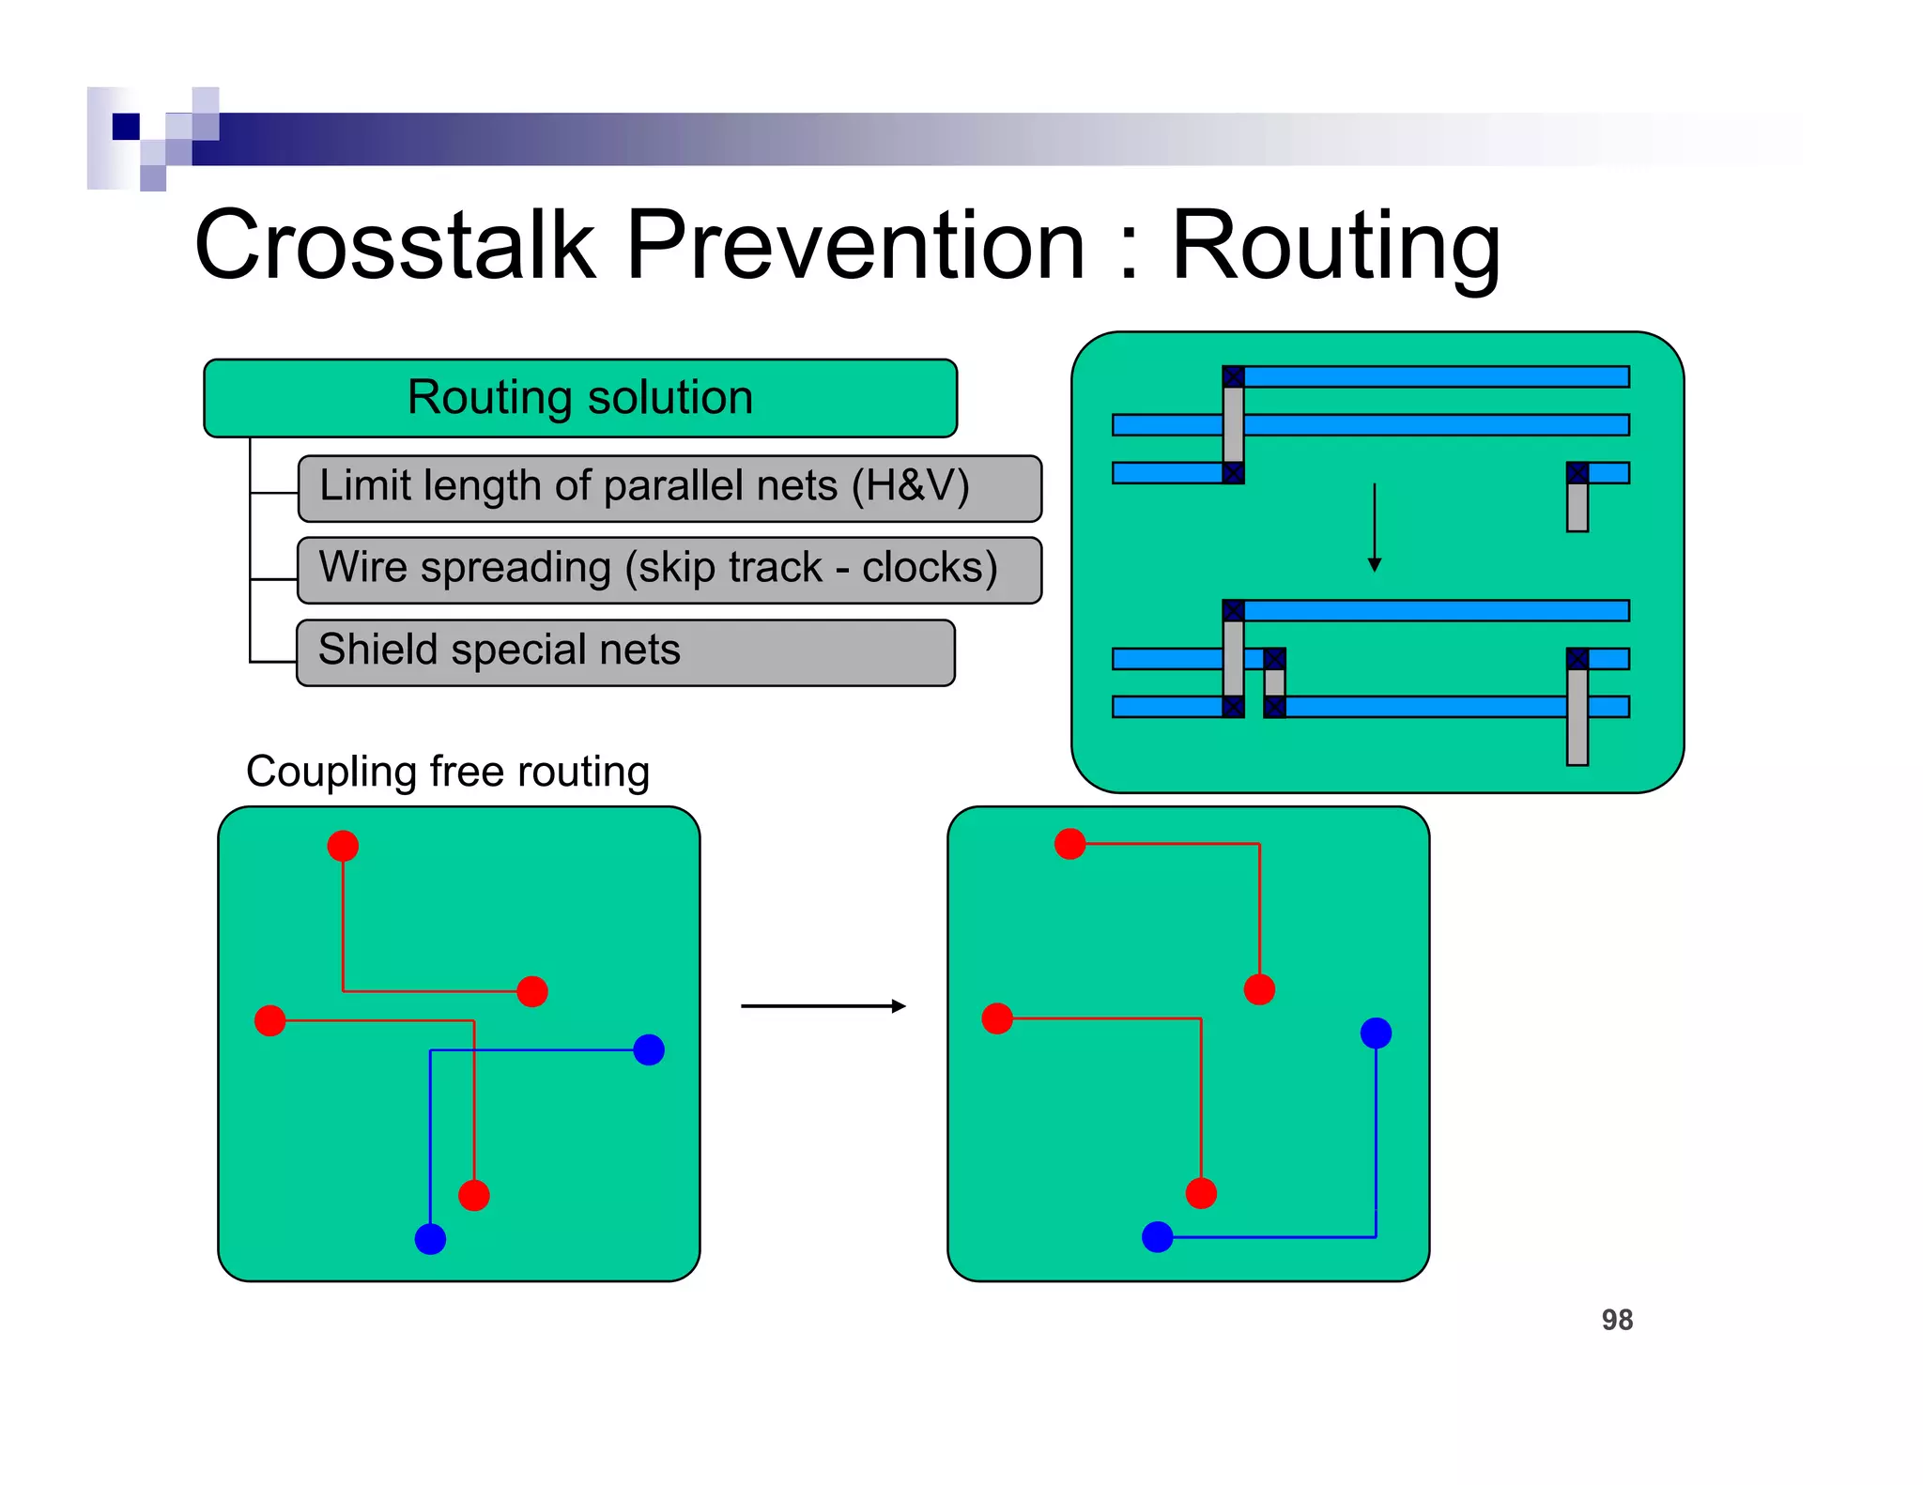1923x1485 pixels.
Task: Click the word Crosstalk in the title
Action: pyautogui.click(x=394, y=246)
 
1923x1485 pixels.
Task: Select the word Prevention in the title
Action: pyautogui.click(x=854, y=246)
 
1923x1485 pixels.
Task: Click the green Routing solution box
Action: pyautogui.click(x=580, y=398)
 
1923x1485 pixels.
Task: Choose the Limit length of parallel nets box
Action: pyautogui.click(x=669, y=488)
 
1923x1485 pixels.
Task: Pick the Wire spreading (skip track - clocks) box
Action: pyautogui.click(x=669, y=570)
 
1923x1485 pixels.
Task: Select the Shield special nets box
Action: pyautogui.click(x=625, y=652)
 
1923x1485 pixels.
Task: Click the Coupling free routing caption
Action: pyautogui.click(x=448, y=772)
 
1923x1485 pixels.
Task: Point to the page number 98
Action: pyautogui.click(x=1617, y=1320)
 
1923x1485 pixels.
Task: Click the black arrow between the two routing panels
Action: pyautogui.click(x=823, y=1006)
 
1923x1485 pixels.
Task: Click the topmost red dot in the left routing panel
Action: pyautogui.click(x=343, y=846)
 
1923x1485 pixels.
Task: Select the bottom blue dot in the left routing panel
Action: pyautogui.click(x=430, y=1239)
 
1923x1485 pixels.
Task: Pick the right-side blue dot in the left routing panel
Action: pyautogui.click(x=649, y=1049)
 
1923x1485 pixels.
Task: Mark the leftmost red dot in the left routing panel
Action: pyautogui.click(x=270, y=1020)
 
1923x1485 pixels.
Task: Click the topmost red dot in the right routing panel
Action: pyautogui.click(x=1070, y=844)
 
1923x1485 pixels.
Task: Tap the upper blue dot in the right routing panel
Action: pyautogui.click(x=1376, y=1033)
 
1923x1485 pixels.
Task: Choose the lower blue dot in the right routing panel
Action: pyautogui.click(x=1158, y=1237)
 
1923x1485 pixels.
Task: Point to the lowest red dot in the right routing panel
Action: pyautogui.click(x=1201, y=1193)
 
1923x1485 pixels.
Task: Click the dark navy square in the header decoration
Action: pyautogui.click(x=126, y=126)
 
